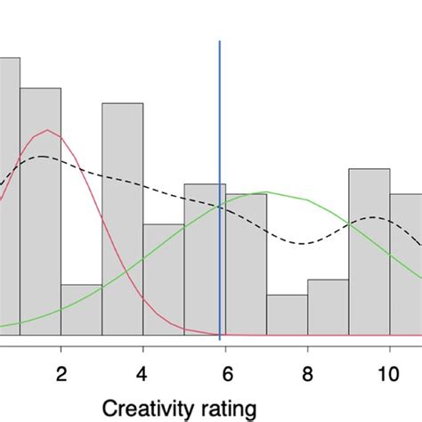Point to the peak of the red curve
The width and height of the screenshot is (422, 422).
point(47,131)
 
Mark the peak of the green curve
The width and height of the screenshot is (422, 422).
point(265,192)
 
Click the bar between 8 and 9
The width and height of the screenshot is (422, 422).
point(328,307)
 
